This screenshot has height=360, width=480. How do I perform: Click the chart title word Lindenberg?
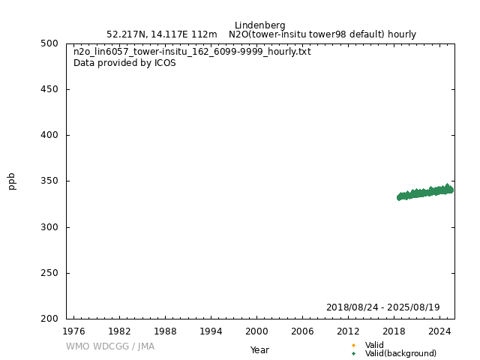click(x=259, y=25)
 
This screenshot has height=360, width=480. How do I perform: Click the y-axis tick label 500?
click(x=49, y=43)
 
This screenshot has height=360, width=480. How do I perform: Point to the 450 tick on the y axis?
click(x=49, y=89)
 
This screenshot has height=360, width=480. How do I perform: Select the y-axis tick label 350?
click(x=49, y=181)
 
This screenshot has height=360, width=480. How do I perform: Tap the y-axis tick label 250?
click(x=49, y=273)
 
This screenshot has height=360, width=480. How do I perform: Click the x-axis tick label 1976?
click(x=73, y=331)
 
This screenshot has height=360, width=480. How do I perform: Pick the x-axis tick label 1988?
click(x=165, y=331)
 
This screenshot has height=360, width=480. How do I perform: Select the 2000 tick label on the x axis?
click(x=256, y=331)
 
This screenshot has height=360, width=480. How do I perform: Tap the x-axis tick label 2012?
click(x=348, y=331)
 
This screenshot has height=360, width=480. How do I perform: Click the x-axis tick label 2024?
click(x=439, y=331)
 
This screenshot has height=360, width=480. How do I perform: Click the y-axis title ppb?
click(x=12, y=181)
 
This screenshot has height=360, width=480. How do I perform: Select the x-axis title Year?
click(x=259, y=350)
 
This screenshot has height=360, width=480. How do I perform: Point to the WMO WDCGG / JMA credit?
click(x=110, y=346)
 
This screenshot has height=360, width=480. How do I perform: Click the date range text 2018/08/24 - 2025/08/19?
click(x=382, y=307)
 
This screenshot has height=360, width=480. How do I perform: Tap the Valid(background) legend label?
click(x=400, y=354)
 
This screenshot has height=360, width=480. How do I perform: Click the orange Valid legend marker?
click(x=353, y=345)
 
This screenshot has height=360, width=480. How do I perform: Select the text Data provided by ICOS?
click(x=124, y=63)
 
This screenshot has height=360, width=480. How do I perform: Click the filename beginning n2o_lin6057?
click(x=192, y=52)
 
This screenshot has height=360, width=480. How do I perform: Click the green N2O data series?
click(x=424, y=192)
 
